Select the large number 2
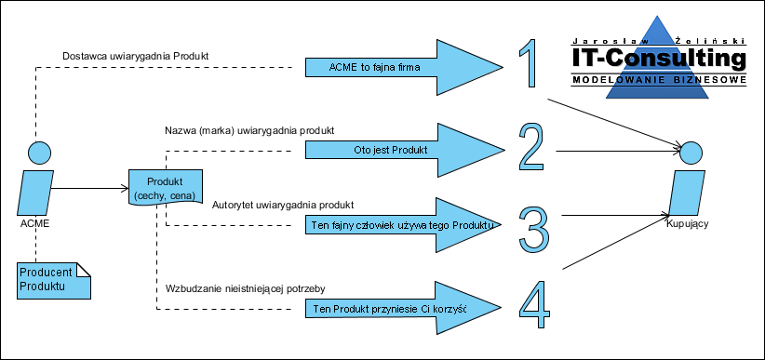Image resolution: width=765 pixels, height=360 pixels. click(531, 146)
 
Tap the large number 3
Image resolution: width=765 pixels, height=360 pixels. click(534, 231)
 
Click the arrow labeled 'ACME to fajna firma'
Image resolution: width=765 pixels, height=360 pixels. click(404, 67)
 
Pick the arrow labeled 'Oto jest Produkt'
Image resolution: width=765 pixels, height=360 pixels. click(404, 151)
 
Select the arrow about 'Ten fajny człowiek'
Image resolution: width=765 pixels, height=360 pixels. click(404, 225)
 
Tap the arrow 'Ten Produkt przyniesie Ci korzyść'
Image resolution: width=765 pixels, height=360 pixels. click(404, 308)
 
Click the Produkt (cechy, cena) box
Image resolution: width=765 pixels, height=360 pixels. click(165, 188)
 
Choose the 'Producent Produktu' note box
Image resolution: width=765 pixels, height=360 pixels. click(55, 281)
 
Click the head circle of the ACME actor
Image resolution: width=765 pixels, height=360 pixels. click(39, 153)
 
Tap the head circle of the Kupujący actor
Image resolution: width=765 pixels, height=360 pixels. click(691, 153)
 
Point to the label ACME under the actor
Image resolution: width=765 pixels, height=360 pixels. click(35, 223)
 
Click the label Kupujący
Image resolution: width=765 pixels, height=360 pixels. click(688, 224)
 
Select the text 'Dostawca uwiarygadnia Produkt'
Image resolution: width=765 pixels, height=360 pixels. click(136, 57)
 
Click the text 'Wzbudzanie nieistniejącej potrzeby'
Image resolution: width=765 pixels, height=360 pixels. click(246, 288)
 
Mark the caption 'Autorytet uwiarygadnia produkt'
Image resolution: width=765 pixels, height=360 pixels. click(283, 204)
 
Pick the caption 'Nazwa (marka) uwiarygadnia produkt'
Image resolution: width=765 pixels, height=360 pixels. click(249, 131)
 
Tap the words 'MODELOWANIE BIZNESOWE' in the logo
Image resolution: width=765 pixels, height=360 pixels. click(659, 80)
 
